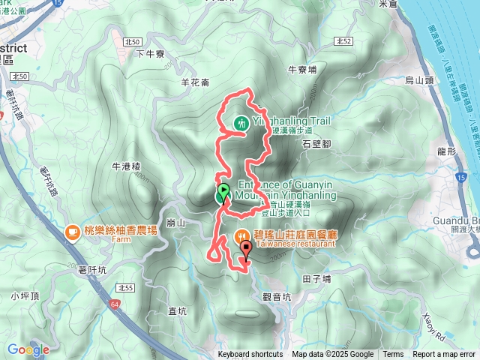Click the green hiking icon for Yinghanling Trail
[242, 123]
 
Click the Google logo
[28, 349]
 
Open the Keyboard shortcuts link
[250, 355]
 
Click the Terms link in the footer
[393, 355]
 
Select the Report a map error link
[444, 355]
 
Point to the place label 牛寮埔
[302, 68]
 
